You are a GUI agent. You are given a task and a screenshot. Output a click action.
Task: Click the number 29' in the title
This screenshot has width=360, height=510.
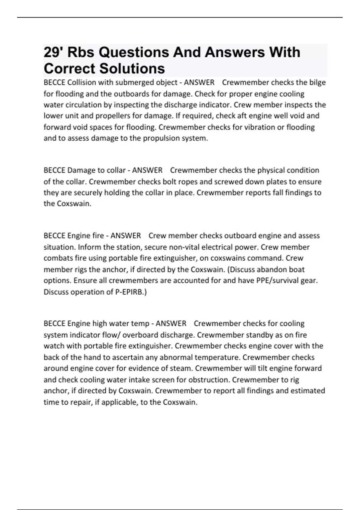pos(53,52)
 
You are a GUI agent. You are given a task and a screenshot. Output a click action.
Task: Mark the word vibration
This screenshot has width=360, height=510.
pos(260,127)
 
